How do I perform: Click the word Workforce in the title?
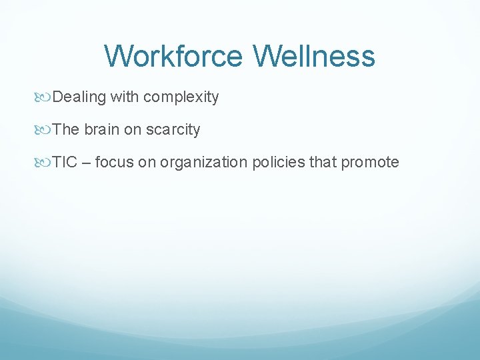click(x=175, y=56)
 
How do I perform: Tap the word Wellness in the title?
click(x=314, y=56)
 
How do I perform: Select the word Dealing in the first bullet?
click(x=79, y=97)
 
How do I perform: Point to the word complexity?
click(x=181, y=97)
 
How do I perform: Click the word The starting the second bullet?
click(x=66, y=129)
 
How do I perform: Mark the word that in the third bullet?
click(x=323, y=162)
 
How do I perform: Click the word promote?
click(x=370, y=163)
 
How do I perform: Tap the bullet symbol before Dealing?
click(x=45, y=97)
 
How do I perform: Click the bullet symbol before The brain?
click(x=45, y=130)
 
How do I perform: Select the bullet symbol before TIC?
click(x=45, y=163)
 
